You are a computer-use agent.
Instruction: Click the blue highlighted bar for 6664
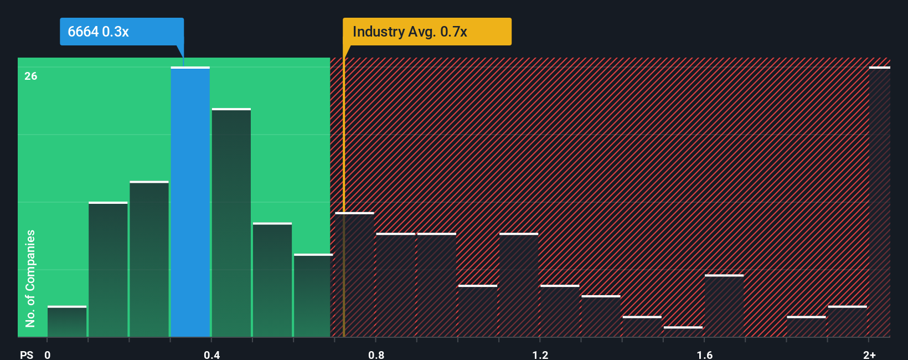190,202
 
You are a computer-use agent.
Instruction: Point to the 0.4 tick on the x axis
211,354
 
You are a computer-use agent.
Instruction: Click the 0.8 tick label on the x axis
376,354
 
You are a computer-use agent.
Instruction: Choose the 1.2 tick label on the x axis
540,354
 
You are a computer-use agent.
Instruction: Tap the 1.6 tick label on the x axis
704,354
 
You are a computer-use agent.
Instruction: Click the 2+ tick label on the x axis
869,354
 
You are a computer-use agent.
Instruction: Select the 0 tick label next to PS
48,354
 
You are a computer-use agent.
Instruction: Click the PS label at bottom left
27,354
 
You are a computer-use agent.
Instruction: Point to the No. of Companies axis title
30,278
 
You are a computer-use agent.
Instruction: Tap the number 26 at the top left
31,76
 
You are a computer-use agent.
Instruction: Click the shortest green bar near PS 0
67,322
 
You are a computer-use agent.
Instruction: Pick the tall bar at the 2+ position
879,202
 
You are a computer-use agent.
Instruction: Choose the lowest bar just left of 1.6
683,331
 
